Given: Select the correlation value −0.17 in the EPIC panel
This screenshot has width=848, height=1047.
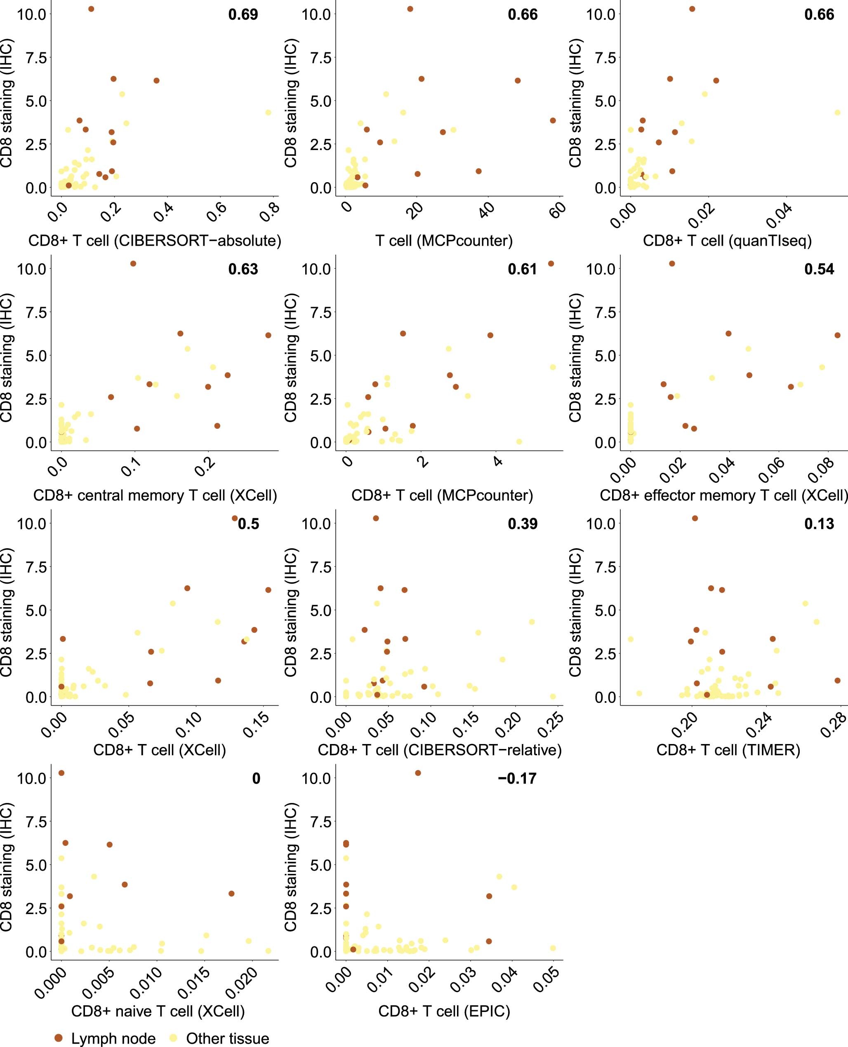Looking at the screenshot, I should click(517, 778).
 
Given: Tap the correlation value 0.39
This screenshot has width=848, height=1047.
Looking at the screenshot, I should click(522, 524).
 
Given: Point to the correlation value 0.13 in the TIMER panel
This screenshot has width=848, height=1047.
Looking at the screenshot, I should click(819, 524).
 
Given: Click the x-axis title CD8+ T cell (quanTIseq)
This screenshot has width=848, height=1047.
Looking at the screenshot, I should click(727, 241).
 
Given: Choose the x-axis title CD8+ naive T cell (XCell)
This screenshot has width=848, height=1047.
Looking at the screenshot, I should click(158, 1011).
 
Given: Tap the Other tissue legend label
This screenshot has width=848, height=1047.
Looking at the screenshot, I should click(227, 1038).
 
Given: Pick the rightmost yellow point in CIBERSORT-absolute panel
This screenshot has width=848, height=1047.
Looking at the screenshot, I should click(268, 112).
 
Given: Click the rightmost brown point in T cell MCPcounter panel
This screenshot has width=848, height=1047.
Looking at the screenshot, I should click(552, 120).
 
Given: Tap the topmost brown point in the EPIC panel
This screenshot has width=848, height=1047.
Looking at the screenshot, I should click(418, 773).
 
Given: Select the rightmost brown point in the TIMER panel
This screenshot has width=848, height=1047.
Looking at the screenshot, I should click(837, 681).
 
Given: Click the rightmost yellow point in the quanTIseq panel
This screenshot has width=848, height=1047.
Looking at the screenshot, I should click(837, 112).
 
